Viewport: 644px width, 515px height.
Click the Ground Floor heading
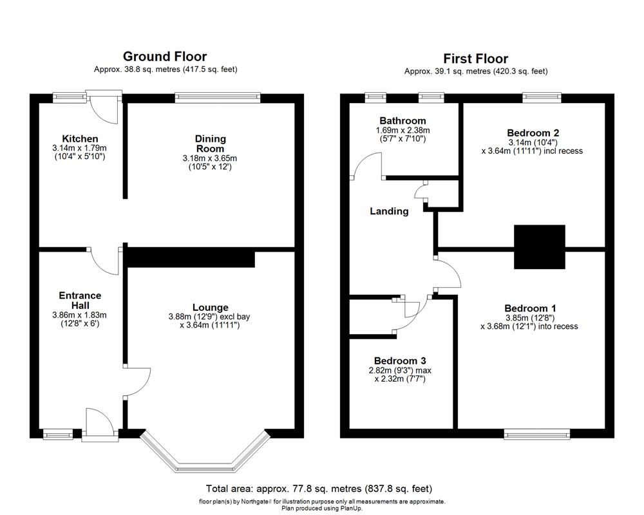pos(165,57)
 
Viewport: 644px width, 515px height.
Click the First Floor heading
pos(475,59)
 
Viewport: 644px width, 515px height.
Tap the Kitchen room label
pos(80,138)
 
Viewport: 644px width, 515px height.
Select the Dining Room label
pos(211,143)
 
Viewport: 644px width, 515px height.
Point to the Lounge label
pos(210,307)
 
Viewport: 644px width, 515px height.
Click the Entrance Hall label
pos(80,300)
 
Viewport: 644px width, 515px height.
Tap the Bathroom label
pos(402,120)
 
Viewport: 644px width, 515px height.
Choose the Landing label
pos(389,211)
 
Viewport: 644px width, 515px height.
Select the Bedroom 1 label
pos(530,307)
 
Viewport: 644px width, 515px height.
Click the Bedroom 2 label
pos(533,133)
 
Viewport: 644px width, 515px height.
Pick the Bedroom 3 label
pos(400,360)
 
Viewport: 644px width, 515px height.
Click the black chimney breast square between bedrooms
pos(539,247)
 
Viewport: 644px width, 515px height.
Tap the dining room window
pos(218,98)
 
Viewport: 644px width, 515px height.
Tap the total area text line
pos(319,489)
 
